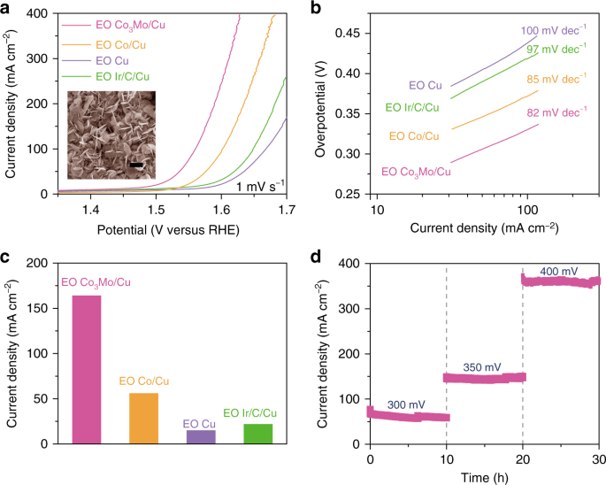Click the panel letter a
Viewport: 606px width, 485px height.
point(6,8)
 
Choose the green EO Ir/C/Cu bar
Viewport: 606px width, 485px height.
point(257,434)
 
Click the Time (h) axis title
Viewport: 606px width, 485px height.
point(484,478)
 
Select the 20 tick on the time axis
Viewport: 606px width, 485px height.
point(523,460)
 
